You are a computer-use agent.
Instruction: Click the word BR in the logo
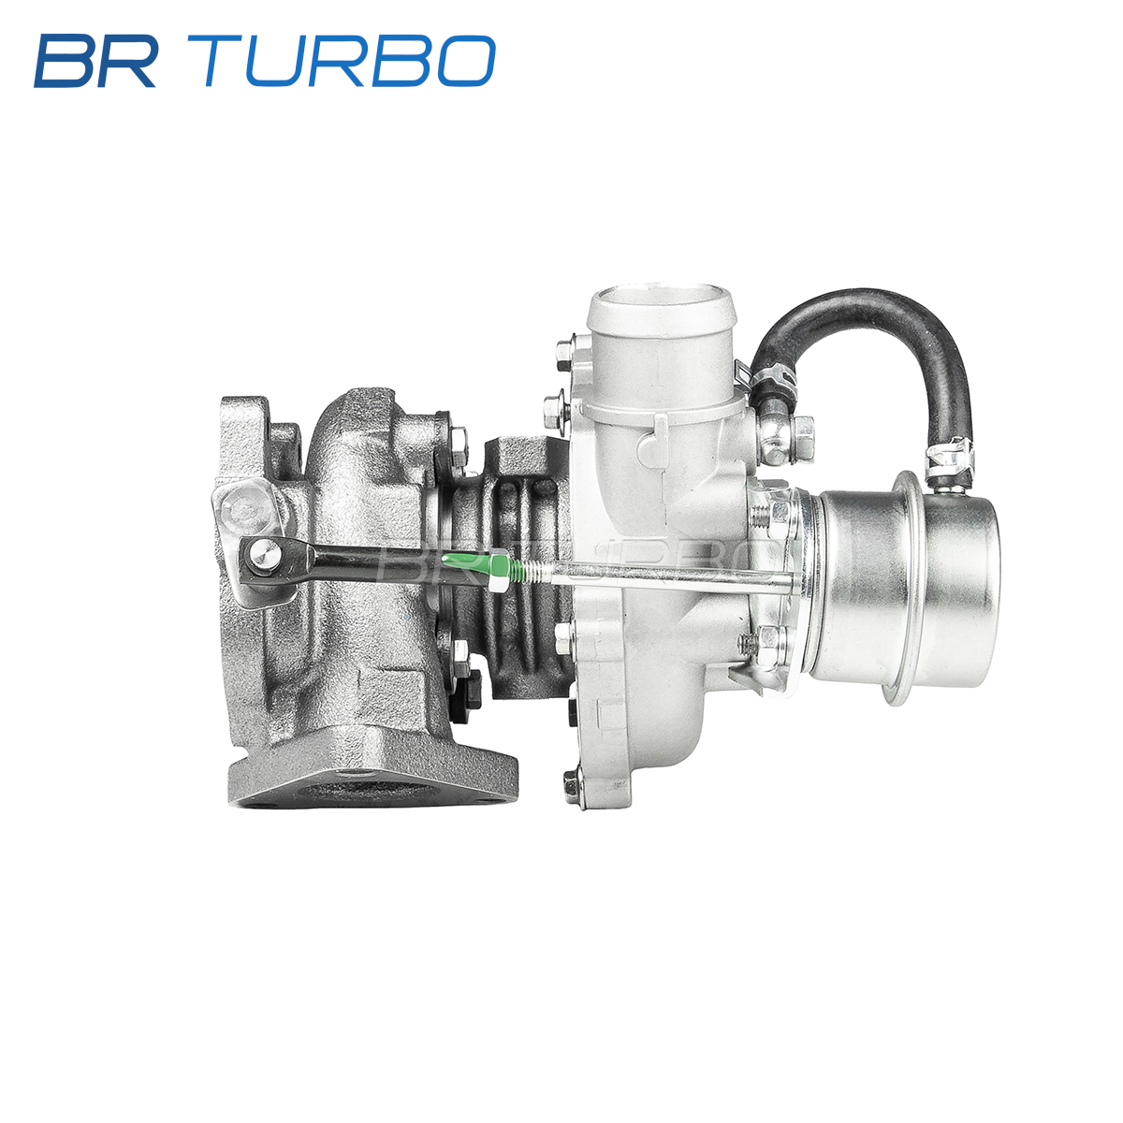click(x=96, y=61)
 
